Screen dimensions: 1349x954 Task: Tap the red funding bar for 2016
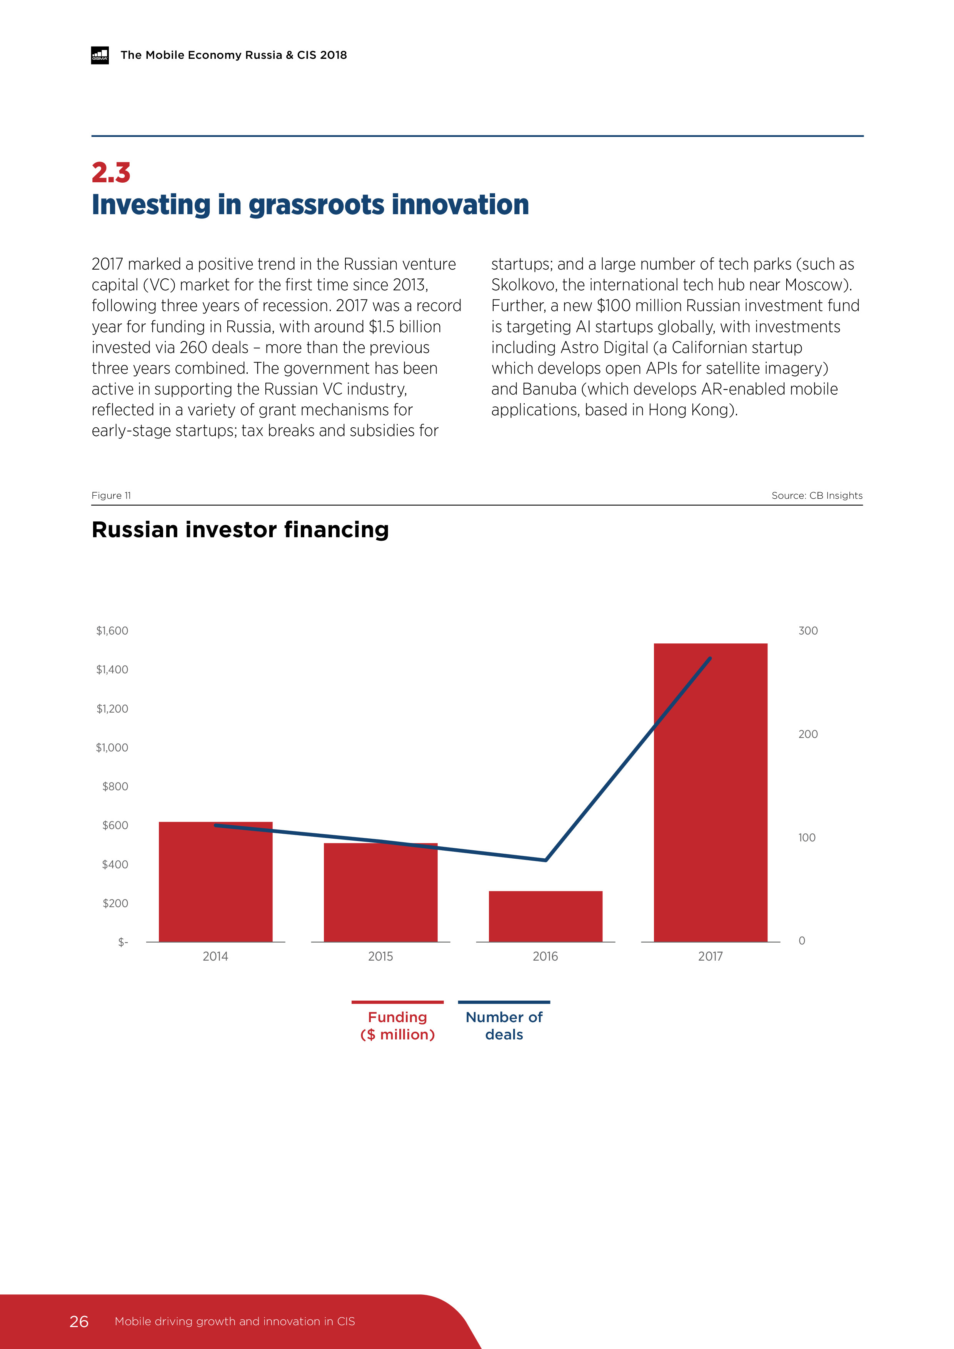coord(545,916)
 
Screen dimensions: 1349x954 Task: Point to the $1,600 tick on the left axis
coord(112,630)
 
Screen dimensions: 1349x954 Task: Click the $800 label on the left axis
coord(115,786)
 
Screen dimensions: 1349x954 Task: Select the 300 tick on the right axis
coord(808,630)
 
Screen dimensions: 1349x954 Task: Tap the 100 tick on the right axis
coord(806,837)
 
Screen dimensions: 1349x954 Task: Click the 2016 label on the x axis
coord(545,956)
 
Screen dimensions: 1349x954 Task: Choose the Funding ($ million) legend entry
coord(397,1025)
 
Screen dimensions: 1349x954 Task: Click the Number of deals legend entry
coord(504,1025)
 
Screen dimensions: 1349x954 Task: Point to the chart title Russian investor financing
coord(240,530)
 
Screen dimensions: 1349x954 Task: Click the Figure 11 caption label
coord(111,495)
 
